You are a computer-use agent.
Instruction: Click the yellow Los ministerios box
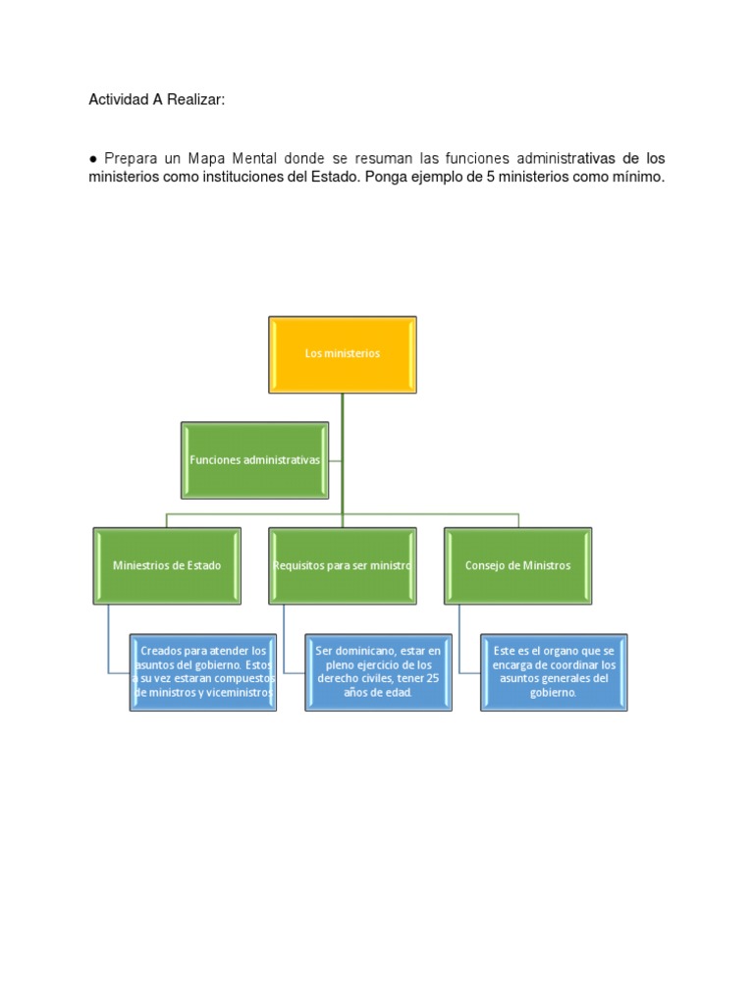[343, 354]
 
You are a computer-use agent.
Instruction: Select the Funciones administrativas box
[254, 460]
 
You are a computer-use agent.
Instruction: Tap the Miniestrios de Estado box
[167, 566]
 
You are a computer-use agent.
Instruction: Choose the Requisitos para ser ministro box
[343, 566]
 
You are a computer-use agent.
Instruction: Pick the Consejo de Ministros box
[518, 566]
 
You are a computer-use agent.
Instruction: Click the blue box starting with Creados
[203, 672]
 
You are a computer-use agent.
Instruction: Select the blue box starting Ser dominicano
[378, 672]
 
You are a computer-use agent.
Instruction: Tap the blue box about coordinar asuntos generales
[554, 672]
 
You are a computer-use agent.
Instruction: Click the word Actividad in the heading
[118, 100]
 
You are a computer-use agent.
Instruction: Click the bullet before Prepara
[93, 159]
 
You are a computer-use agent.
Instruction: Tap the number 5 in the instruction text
[491, 177]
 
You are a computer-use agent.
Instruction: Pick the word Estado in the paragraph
[334, 177]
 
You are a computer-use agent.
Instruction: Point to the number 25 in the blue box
[432, 678]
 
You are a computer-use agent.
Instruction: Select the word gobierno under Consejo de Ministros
[553, 693]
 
